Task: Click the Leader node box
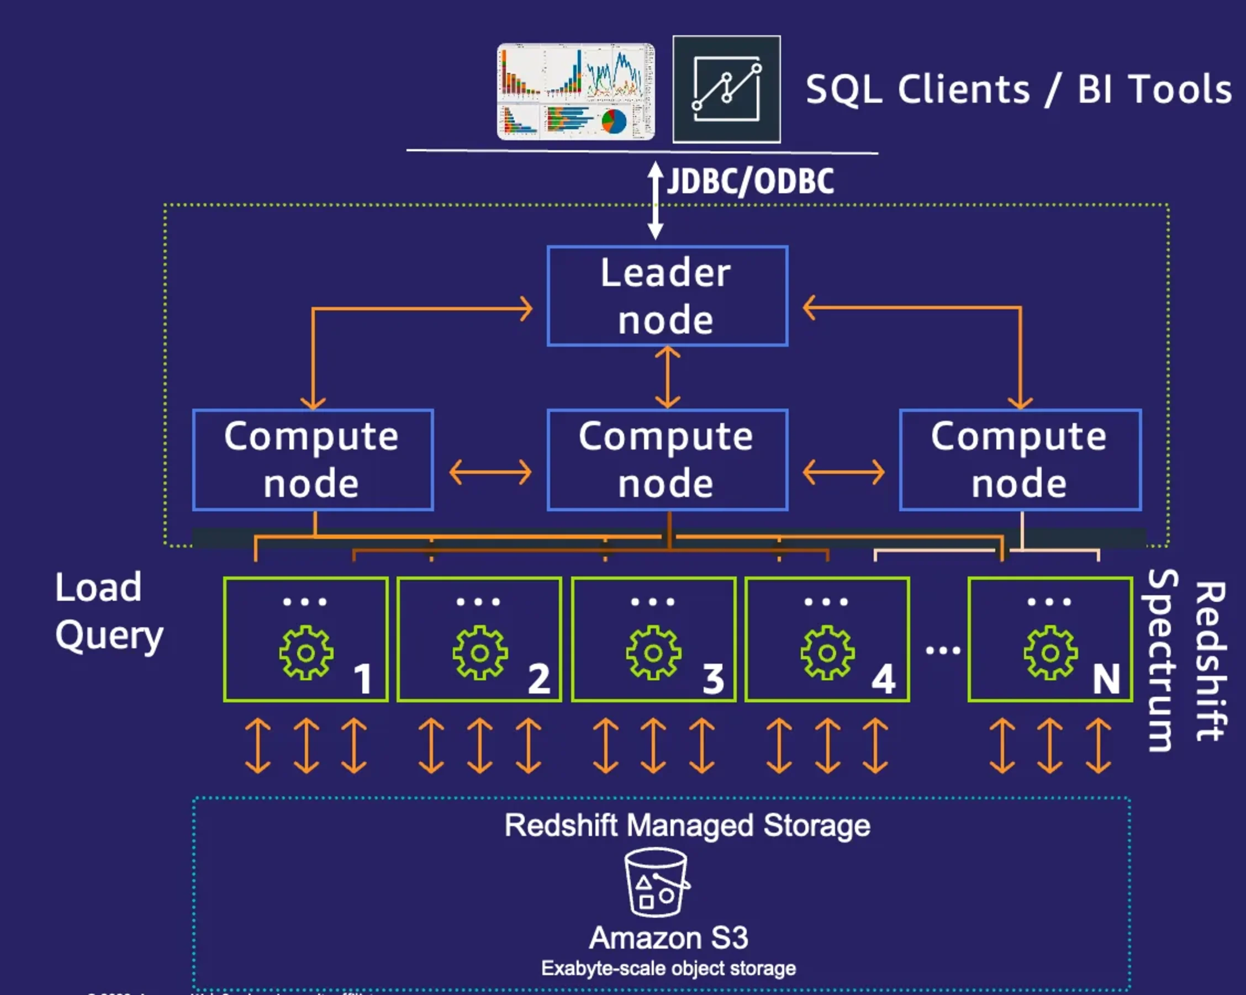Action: (667, 296)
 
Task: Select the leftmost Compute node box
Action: (313, 460)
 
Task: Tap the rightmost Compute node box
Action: (1020, 460)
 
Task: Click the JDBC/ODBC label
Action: (750, 182)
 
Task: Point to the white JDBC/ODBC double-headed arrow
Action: (655, 200)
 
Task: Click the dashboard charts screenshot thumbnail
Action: (576, 91)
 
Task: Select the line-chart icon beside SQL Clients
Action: (726, 89)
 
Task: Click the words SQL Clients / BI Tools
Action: (1018, 89)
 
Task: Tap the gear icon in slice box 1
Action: (306, 652)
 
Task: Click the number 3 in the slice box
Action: (713, 679)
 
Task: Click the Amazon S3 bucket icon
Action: (656, 882)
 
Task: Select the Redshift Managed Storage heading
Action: (687, 825)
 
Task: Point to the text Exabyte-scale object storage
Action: (668, 968)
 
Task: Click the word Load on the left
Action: (98, 588)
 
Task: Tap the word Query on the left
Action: (109, 636)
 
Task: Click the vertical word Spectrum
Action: (1159, 660)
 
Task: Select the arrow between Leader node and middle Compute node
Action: (668, 377)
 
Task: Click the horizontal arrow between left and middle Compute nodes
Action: (490, 472)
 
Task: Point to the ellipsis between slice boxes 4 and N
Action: (943, 650)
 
